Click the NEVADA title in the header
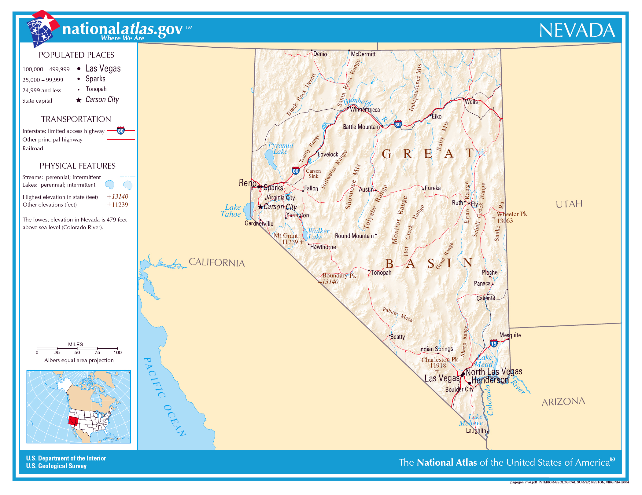click(577, 30)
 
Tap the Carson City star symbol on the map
click(260, 207)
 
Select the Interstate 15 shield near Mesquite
click(494, 343)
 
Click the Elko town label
click(437, 116)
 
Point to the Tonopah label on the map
click(381, 273)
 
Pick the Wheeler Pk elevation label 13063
click(504, 221)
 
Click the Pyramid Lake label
click(281, 148)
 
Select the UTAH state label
click(569, 204)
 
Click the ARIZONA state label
click(563, 402)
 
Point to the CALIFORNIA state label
click(217, 262)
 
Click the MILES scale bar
click(77, 348)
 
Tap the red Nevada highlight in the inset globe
click(73, 421)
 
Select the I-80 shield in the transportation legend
click(121, 131)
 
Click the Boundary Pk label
click(339, 276)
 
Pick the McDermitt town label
click(363, 54)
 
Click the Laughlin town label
click(476, 431)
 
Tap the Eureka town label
click(433, 188)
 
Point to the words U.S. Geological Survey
click(56, 466)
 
